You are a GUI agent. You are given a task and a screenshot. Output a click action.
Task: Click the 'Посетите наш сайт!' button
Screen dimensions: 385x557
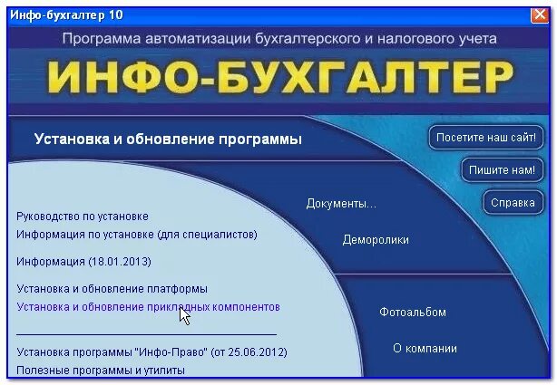[x=488, y=139]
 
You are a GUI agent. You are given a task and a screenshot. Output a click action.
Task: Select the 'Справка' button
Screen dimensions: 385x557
[x=513, y=202]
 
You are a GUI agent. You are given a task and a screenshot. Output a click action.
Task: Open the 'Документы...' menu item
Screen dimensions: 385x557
[x=340, y=203]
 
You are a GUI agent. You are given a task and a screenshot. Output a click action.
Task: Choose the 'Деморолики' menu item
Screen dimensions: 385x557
[x=375, y=240]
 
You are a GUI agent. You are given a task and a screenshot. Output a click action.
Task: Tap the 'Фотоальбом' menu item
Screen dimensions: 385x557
[x=412, y=313]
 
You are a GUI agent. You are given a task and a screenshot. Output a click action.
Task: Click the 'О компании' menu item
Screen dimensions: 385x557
[x=424, y=348]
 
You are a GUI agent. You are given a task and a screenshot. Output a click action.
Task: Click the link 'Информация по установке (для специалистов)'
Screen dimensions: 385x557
[x=137, y=235]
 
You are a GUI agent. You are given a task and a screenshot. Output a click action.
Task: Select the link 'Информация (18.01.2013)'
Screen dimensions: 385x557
[x=83, y=262]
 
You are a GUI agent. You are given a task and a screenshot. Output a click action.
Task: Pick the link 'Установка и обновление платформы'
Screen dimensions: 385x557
[x=112, y=289]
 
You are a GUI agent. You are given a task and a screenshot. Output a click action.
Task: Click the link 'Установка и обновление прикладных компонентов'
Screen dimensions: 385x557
[x=148, y=307]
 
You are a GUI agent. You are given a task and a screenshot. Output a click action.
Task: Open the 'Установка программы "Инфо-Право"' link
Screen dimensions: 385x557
[x=151, y=351]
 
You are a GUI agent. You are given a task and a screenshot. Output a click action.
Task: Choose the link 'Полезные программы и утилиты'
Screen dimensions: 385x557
[x=101, y=370]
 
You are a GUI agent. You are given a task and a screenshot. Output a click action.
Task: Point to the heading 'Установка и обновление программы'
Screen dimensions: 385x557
[x=168, y=140]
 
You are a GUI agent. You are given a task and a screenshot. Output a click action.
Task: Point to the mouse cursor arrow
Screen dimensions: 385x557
[x=184, y=315]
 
